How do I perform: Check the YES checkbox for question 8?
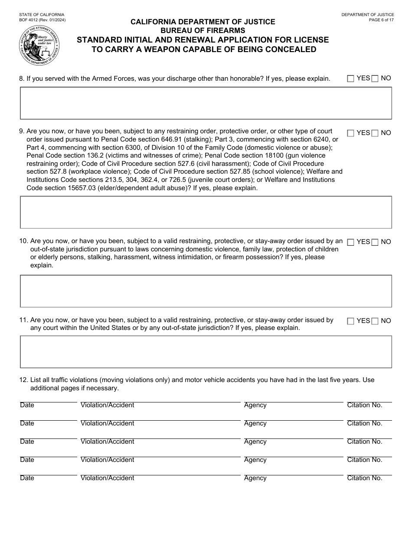(350, 79)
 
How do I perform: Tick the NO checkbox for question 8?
(375, 79)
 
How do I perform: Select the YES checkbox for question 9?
(350, 133)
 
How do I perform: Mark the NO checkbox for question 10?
(375, 242)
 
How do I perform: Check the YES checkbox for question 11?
(350, 321)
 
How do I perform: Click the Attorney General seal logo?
(39, 46)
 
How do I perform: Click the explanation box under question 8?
(206, 103)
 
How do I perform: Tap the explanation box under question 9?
(206, 212)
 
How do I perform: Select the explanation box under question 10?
(206, 291)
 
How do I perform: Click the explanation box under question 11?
(206, 352)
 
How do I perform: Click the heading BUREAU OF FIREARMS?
(203, 30)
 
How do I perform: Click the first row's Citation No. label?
(364, 405)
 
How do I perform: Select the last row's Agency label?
(255, 478)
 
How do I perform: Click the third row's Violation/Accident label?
(107, 442)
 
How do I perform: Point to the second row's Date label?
(27, 423)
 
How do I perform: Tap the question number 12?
(23, 380)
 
